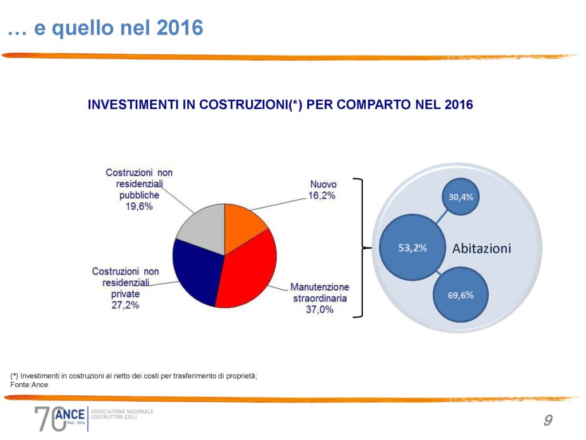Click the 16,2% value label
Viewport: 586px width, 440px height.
coord(323,195)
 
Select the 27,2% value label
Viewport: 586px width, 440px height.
coord(125,305)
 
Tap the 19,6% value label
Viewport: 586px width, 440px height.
coord(139,207)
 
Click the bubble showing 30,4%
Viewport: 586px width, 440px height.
coord(461,197)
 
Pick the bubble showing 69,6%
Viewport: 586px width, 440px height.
coord(460,296)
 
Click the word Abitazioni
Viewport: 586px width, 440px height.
coord(481,249)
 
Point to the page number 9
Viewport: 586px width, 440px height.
coord(548,421)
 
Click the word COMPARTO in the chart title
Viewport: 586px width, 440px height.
coord(363,105)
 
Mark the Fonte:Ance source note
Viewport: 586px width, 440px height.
coord(29,385)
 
